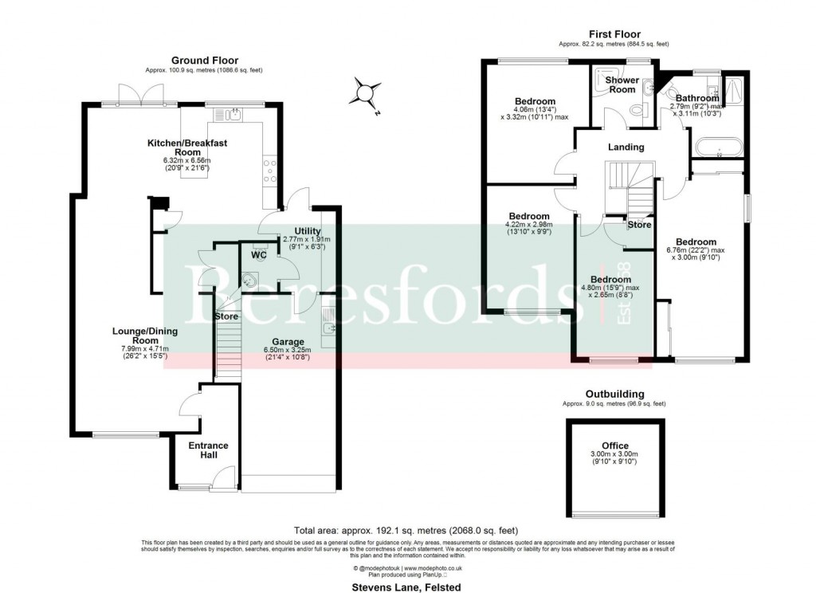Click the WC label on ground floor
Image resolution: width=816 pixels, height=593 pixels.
tap(259, 256)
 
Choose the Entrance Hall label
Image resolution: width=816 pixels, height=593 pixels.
tap(208, 450)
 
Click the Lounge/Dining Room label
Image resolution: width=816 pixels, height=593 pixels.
tap(134, 336)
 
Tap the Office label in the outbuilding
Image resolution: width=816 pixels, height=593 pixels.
tap(614, 446)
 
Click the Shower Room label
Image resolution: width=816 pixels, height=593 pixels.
tap(622, 85)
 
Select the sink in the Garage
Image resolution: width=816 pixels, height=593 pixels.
tap(329, 328)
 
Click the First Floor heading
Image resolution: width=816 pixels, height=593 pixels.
tap(614, 34)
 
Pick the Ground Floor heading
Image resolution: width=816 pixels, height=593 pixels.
tap(205, 61)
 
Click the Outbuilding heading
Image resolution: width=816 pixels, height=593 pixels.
tap(614, 394)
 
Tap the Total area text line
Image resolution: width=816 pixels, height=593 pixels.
tap(406, 529)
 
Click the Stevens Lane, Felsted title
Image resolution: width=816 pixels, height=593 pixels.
tap(406, 587)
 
